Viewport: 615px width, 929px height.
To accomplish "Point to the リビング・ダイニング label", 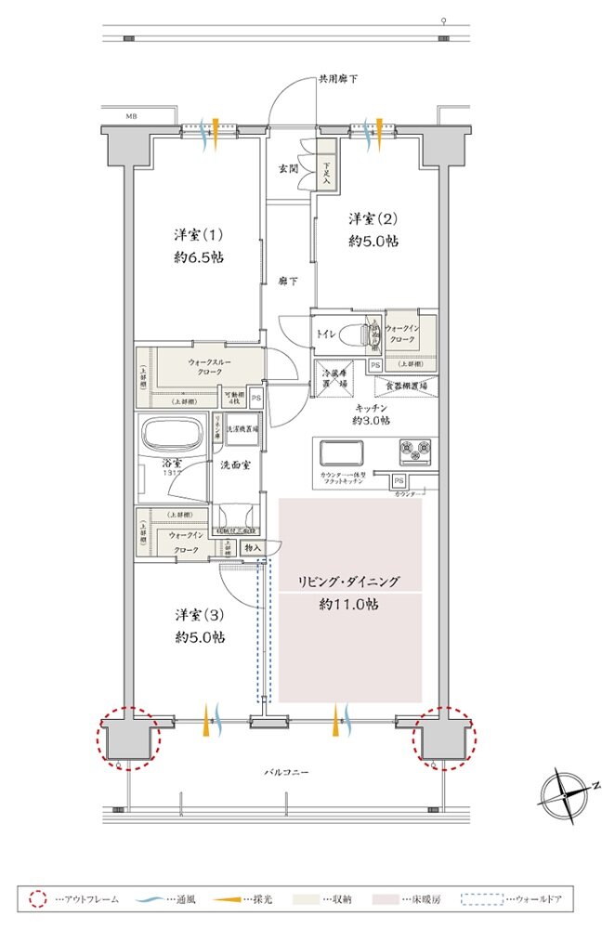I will pos(348,582).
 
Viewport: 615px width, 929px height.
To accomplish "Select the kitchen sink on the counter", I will pos(346,453).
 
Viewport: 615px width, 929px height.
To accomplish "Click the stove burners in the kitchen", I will pos(415,451).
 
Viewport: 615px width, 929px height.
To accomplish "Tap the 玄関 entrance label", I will pos(288,168).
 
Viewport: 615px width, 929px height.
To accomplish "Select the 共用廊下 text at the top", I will pos(337,79).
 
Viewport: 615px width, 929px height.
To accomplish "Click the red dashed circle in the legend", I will pos(37,899).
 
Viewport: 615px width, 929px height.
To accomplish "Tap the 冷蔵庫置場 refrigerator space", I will pos(334,378).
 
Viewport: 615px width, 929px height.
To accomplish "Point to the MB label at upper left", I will pos(132,118).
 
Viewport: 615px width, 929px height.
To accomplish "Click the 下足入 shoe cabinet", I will pos(326,170).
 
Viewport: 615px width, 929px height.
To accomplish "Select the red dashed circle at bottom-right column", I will pos(446,738).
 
